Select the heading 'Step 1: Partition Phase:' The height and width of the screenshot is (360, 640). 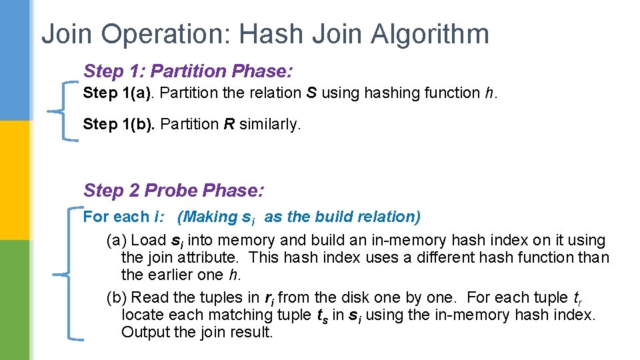point(189,71)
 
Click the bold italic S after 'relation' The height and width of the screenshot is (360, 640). point(311,93)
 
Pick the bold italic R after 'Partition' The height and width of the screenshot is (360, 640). point(229,124)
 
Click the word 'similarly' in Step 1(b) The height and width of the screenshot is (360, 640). point(270,125)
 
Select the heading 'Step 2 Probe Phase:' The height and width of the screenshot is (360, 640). point(174,191)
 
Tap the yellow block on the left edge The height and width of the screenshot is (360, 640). point(15,180)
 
